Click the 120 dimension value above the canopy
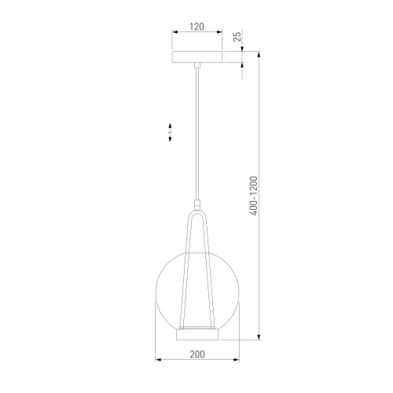tap(196, 27)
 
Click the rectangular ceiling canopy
tap(196, 58)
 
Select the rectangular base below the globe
tap(196, 335)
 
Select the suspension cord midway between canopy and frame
tap(196, 134)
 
